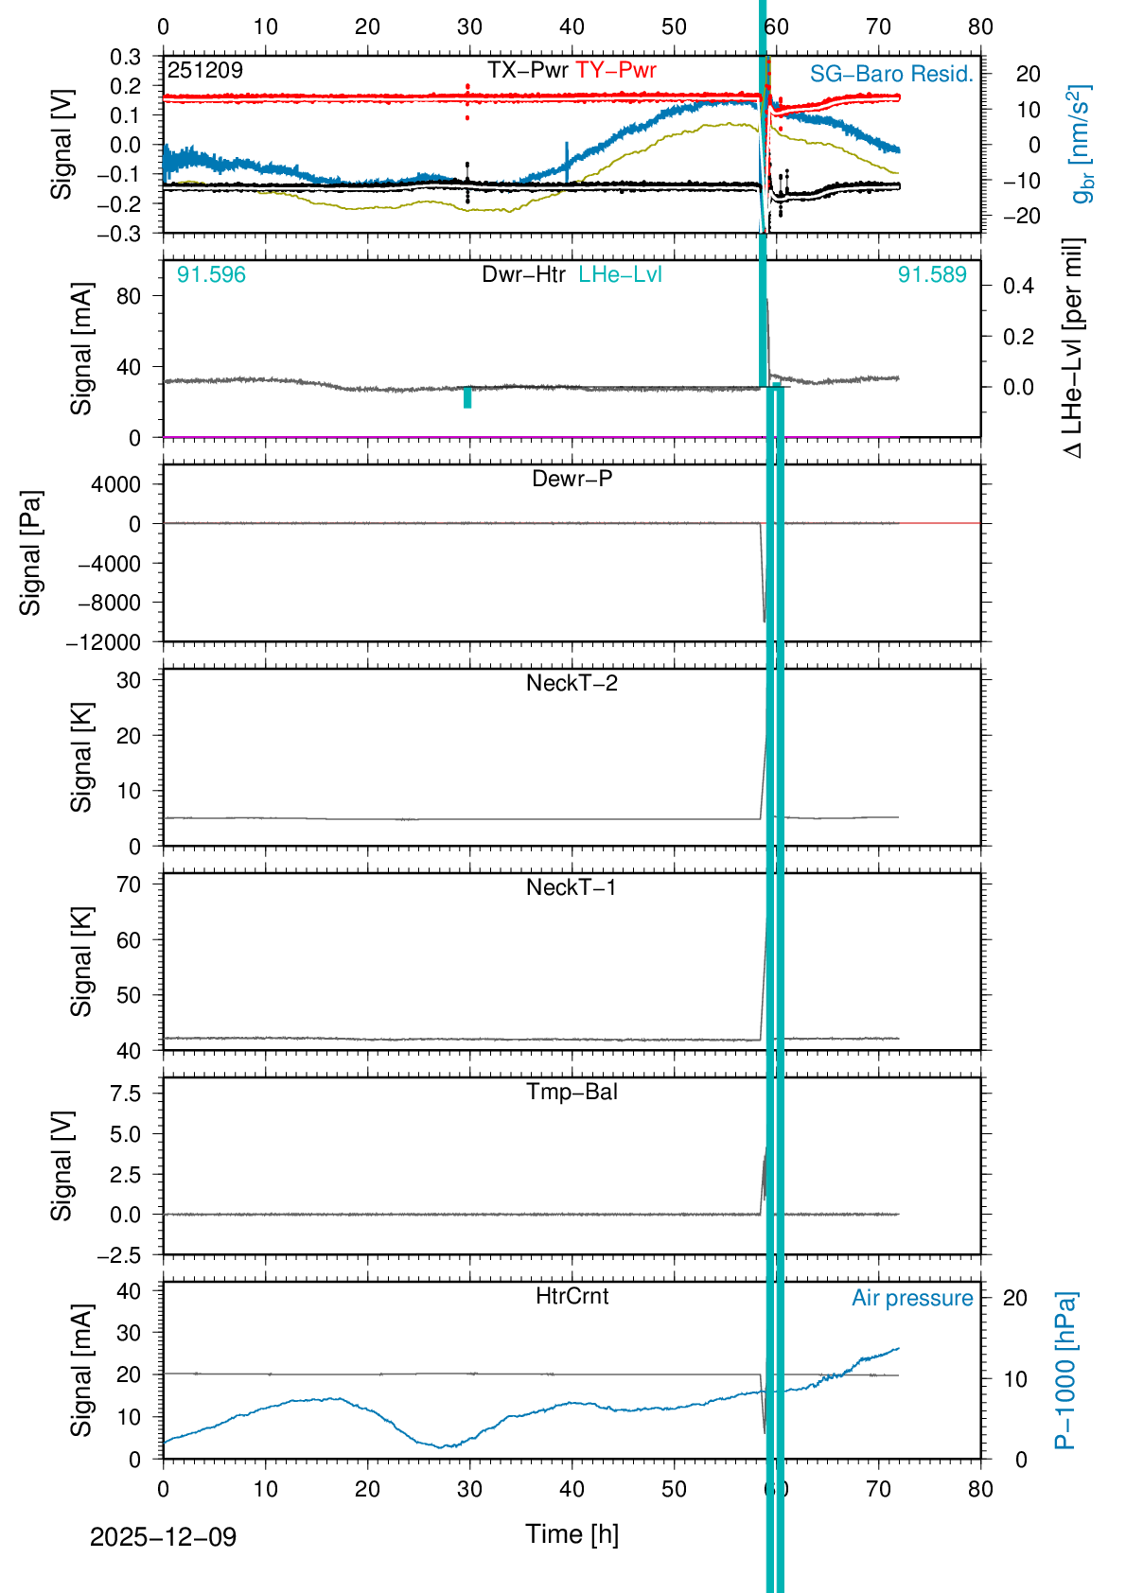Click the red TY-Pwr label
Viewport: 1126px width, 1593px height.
point(616,70)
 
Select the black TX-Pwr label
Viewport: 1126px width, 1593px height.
point(528,70)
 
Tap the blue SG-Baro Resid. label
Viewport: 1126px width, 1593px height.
point(891,74)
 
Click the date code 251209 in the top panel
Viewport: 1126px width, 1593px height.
point(205,70)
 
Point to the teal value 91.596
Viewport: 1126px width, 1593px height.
point(211,274)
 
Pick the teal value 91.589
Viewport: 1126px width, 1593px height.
point(932,274)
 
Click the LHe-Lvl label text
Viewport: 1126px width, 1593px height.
point(621,274)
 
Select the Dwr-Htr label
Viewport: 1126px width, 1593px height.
point(523,274)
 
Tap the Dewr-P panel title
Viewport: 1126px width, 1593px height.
point(572,479)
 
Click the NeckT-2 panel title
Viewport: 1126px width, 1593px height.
point(572,683)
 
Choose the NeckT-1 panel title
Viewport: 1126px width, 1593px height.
point(572,887)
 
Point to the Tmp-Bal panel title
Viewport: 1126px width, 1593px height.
point(572,1092)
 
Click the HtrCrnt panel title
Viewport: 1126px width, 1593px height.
point(572,1296)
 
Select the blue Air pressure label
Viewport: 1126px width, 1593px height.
point(912,1298)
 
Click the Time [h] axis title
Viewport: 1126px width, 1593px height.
point(572,1533)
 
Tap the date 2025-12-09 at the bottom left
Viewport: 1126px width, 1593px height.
point(163,1536)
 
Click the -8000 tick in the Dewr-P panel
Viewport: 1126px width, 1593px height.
point(103,603)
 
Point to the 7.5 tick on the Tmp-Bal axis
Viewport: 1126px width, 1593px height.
point(125,1094)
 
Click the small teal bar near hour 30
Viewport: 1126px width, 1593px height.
point(467,397)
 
